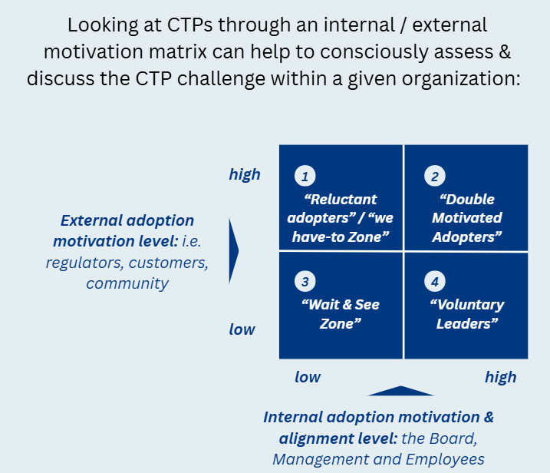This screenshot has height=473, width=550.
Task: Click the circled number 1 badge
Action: pos(305,177)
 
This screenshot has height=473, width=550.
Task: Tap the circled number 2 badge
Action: pos(434,177)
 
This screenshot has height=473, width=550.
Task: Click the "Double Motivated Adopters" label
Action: pos(466,218)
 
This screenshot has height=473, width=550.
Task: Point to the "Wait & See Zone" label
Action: pos(340,314)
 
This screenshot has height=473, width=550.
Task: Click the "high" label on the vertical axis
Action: pos(245,174)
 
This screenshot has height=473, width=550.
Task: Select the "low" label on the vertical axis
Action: pos(242,329)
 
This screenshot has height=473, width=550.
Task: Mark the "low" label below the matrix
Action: pos(308,377)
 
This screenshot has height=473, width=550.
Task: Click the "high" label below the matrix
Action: pos(500,377)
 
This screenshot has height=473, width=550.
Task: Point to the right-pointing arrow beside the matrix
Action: pos(234,250)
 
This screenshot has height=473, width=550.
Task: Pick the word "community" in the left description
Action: pos(127,283)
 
